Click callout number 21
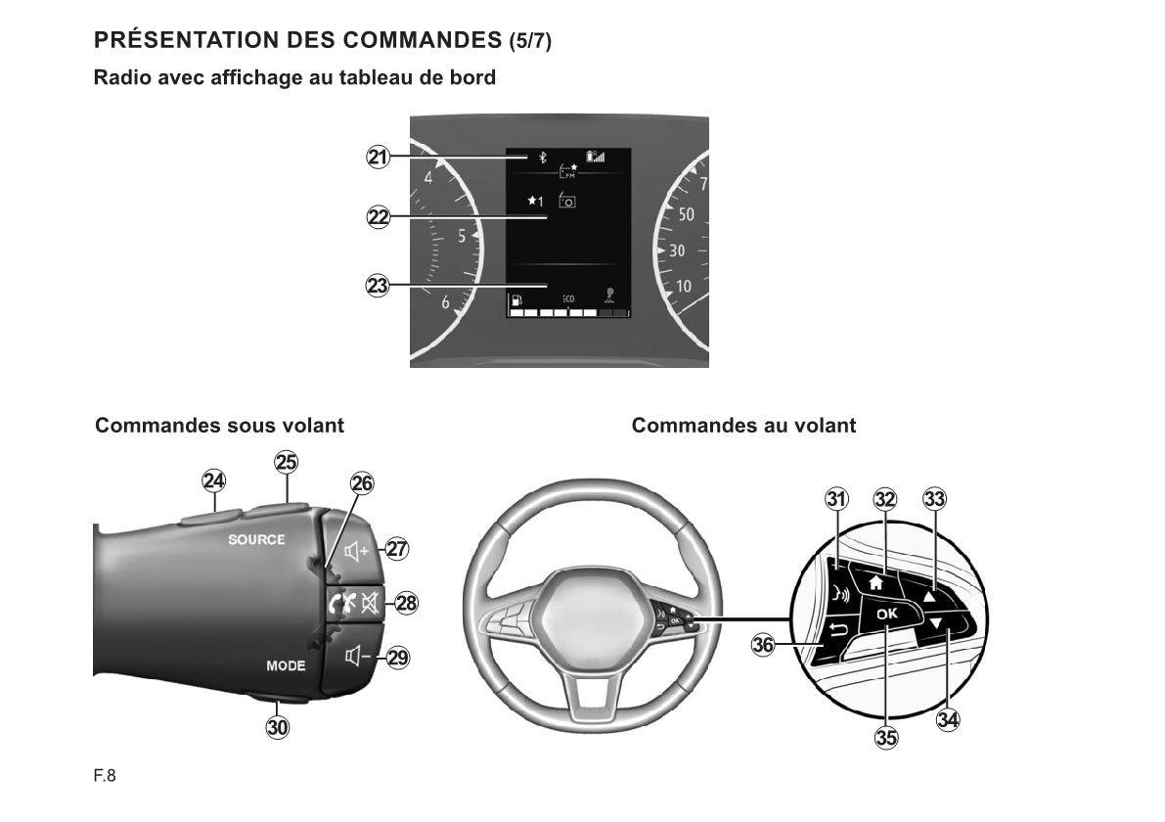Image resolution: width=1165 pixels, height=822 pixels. (x=379, y=157)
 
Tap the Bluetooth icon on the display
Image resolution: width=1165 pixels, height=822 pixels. (x=542, y=158)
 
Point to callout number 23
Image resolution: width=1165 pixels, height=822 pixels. (x=378, y=286)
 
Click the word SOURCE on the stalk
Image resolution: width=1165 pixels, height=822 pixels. (x=256, y=539)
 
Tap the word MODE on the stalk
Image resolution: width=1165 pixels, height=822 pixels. (x=286, y=666)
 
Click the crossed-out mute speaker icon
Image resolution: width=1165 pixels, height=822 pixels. (x=370, y=603)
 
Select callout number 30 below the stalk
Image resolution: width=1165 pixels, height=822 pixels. (x=277, y=727)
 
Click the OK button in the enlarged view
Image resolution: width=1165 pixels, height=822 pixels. (x=887, y=614)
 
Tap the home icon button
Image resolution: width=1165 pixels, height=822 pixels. (x=876, y=582)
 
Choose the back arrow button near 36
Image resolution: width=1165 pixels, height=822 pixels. (x=837, y=632)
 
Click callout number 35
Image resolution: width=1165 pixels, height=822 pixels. (x=886, y=737)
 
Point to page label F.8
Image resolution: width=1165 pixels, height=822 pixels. (x=105, y=776)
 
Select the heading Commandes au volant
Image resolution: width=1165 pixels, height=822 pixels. (x=743, y=425)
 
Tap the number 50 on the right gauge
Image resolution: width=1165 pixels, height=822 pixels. (x=686, y=214)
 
